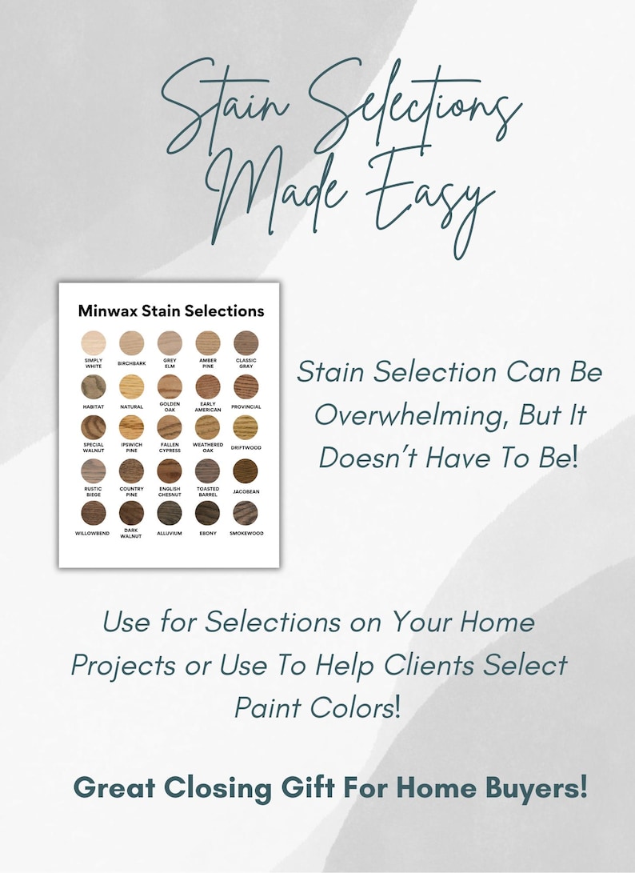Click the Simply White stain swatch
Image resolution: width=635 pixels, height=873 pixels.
coord(94,343)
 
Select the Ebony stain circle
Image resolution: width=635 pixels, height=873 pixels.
coord(207,512)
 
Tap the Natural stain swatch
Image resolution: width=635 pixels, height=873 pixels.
coord(131,386)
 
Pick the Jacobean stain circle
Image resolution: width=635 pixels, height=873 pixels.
coord(246,471)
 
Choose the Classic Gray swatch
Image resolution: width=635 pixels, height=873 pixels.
coord(246,343)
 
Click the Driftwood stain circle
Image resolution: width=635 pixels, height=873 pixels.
coord(246,427)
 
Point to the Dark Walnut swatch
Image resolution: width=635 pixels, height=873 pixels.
coord(131,512)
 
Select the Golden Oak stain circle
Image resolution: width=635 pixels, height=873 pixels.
coord(170,386)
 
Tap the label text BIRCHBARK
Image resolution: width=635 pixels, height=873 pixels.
coord(131,363)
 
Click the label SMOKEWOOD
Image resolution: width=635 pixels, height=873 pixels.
coord(246,533)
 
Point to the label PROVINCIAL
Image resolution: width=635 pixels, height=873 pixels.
coord(246,406)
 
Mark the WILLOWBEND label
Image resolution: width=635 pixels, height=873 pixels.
coord(94,533)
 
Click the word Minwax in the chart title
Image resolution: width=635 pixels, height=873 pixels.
coord(108,310)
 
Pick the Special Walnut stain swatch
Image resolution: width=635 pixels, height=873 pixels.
coord(94,427)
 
